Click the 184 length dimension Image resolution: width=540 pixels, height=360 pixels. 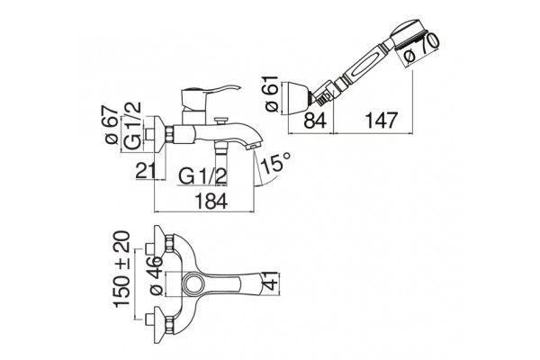point(211,202)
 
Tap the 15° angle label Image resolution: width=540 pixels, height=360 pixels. point(276,163)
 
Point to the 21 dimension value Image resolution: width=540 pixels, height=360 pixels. point(145,170)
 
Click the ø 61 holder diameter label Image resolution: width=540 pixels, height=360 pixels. point(272,94)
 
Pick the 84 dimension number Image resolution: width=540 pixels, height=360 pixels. point(315,121)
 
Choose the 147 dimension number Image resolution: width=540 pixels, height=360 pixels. point(382,121)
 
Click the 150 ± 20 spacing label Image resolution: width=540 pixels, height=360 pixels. point(122,269)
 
